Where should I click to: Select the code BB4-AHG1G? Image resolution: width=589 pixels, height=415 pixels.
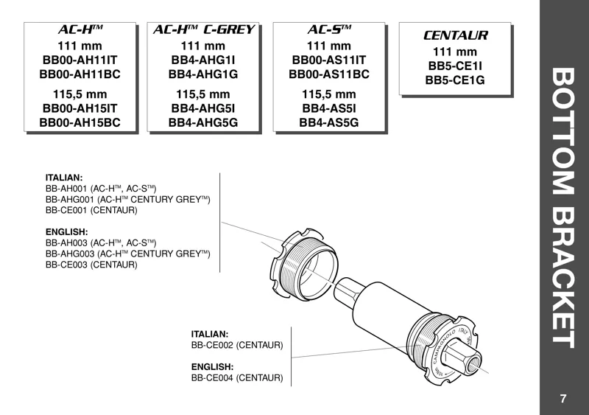tap(203, 74)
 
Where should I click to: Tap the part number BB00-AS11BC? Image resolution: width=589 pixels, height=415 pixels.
tap(329, 74)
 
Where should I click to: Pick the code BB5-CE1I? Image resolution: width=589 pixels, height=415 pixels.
tap(455, 66)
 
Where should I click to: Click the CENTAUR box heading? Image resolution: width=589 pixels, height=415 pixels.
tap(455, 35)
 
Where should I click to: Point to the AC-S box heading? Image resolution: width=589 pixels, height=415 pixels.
tap(329, 30)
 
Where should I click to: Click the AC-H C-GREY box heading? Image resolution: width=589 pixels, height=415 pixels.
tap(203, 30)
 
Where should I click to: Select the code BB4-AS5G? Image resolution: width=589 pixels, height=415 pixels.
tap(329, 122)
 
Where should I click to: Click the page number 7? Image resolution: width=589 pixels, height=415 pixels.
tap(563, 399)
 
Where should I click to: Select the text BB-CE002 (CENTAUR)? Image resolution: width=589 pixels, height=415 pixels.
tap(237, 345)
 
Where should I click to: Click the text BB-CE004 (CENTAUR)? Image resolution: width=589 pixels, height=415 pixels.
tap(237, 378)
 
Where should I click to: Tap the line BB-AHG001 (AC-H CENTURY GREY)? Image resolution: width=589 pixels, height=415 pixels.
tap(128, 199)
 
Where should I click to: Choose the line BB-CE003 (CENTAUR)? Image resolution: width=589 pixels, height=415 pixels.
tap(91, 265)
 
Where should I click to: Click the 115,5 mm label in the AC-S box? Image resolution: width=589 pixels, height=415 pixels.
tap(329, 94)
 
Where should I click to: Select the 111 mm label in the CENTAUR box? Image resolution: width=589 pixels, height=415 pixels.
tap(455, 52)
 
